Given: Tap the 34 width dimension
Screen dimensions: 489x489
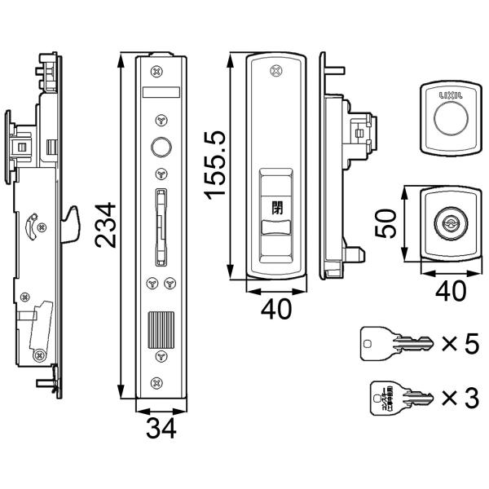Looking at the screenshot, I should point(161,428).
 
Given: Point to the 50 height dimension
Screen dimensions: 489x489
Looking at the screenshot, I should point(390,221).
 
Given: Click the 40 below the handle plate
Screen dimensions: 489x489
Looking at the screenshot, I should point(277,311).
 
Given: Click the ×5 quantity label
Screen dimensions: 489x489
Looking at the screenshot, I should point(460,344).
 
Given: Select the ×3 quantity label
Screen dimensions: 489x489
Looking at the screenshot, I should point(460,399).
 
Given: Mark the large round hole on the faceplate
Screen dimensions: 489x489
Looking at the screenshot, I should point(161,147).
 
